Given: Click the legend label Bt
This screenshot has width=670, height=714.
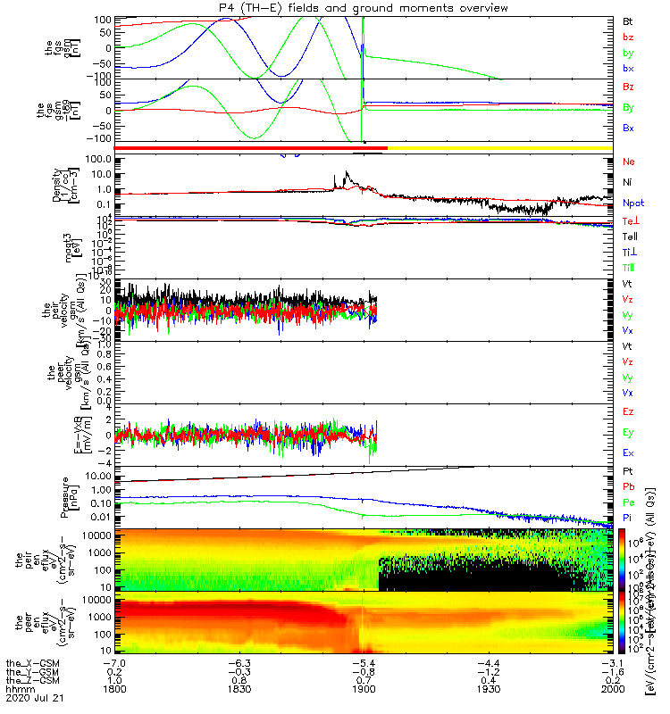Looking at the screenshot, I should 627,21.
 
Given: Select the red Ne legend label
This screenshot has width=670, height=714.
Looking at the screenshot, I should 628,162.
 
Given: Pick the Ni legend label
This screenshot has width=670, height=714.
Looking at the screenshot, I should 627,182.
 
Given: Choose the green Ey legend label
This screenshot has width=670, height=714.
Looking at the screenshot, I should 628,432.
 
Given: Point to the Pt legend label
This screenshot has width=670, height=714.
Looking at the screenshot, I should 627,469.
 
